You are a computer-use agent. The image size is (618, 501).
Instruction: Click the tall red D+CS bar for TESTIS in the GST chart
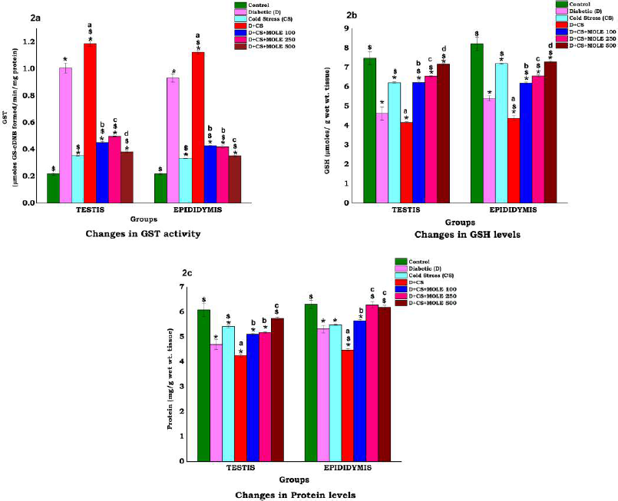tap(90, 123)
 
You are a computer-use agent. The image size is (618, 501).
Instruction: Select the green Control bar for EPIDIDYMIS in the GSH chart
tap(477, 123)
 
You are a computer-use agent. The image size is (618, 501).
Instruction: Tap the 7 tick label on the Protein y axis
tap(181, 287)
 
